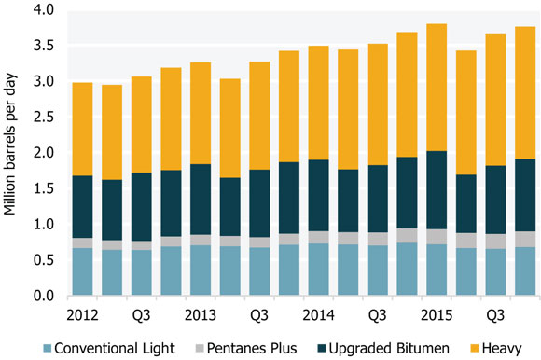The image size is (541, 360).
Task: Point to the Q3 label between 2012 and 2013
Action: pos(144,312)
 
